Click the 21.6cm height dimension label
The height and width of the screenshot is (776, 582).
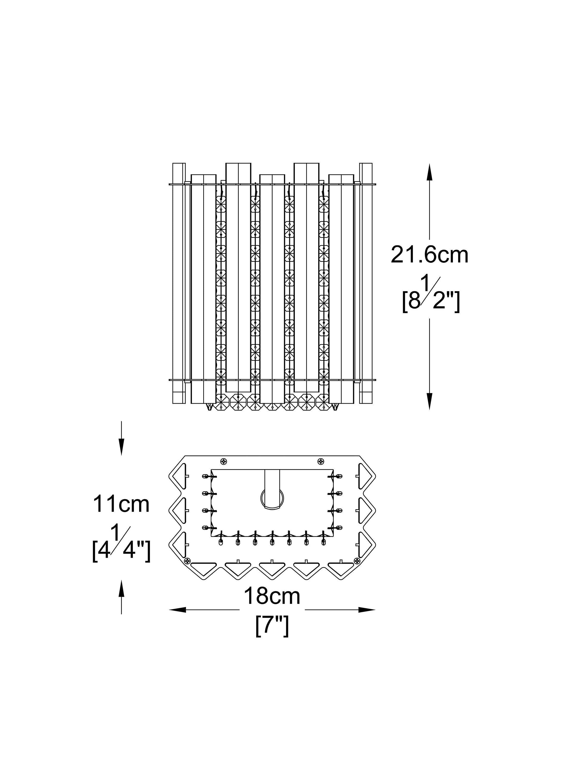(x=429, y=255)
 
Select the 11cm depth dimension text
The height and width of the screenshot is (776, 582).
(x=121, y=504)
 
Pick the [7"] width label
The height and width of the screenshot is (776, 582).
(x=272, y=626)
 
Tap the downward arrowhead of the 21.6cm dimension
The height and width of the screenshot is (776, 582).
(x=429, y=401)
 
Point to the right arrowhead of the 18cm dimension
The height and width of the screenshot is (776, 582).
(x=366, y=610)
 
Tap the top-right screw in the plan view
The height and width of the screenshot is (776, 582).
(x=320, y=461)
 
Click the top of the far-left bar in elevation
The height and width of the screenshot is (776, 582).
(x=179, y=163)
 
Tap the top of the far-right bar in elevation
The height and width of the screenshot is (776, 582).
(x=366, y=163)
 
